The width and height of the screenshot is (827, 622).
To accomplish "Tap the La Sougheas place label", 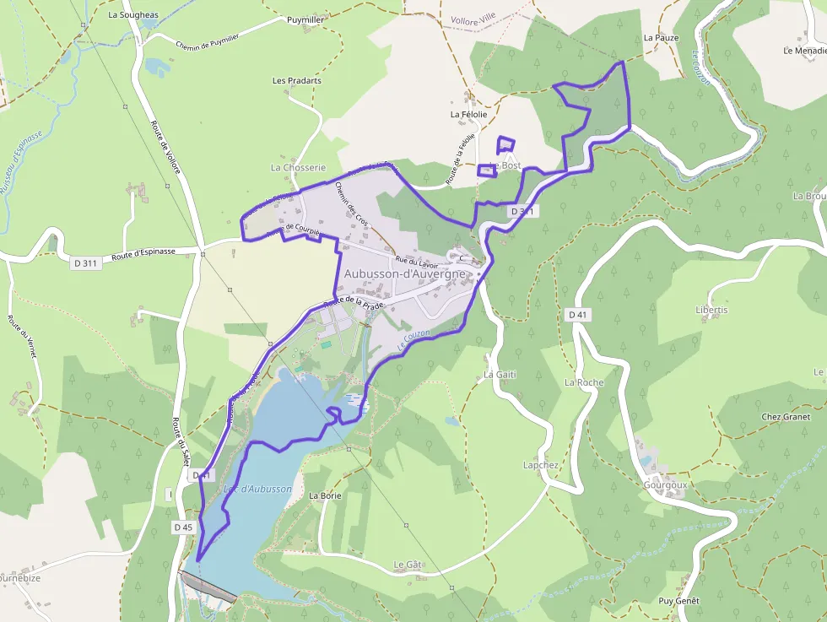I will (x=133, y=14).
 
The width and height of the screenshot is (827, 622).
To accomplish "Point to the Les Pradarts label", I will (x=296, y=81).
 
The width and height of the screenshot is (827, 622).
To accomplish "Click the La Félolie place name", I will (x=468, y=114).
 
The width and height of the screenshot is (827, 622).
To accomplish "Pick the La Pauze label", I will (x=661, y=38).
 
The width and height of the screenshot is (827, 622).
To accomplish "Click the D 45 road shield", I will (x=183, y=527).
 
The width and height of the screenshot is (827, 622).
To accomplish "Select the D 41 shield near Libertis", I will (x=577, y=315).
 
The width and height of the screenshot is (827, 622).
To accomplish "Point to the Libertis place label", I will (x=688, y=310).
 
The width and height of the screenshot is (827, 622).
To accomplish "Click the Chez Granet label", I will (x=785, y=417).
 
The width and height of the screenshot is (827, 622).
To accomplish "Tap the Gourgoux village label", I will (x=665, y=485).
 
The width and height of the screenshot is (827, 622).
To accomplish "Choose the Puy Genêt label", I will (x=679, y=601).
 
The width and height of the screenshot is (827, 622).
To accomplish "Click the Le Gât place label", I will (x=407, y=564).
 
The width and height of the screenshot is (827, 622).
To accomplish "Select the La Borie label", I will (x=325, y=495).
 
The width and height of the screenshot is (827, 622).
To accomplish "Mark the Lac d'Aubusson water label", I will (x=258, y=489).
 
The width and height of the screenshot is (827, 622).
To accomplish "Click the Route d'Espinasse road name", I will (x=143, y=252).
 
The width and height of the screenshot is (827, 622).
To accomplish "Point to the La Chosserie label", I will (x=298, y=168).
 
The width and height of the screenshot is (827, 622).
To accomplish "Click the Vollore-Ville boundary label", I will (x=473, y=18).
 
